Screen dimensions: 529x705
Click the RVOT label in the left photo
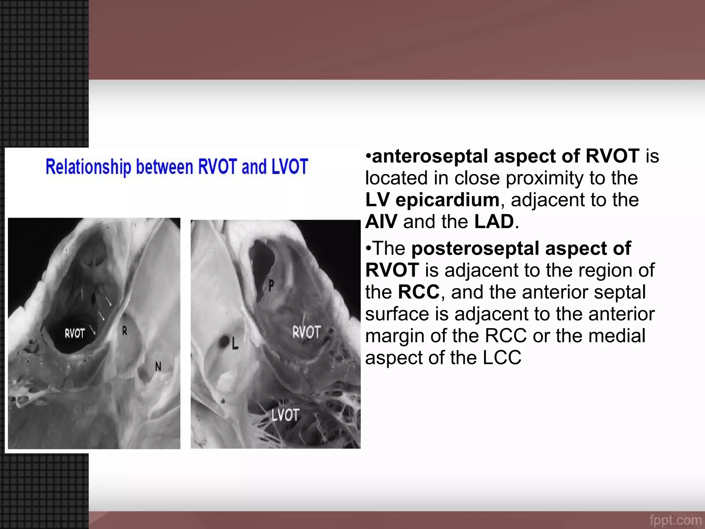click(75, 333)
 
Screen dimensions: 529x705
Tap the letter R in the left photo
click(125, 331)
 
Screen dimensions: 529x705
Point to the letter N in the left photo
click(158, 367)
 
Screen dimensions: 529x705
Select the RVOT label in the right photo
click(306, 332)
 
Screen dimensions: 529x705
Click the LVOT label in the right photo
click(285, 415)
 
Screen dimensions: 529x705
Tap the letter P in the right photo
click(271, 285)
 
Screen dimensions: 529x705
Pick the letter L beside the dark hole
click(235, 343)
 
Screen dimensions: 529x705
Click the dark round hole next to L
click(224, 342)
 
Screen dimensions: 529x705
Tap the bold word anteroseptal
click(430, 156)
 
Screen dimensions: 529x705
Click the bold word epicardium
click(448, 200)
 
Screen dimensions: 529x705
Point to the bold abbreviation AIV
click(381, 221)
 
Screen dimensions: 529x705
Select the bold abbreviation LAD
click(494, 221)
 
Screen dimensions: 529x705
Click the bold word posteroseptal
click(475, 248)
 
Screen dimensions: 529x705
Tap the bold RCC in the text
click(419, 292)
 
